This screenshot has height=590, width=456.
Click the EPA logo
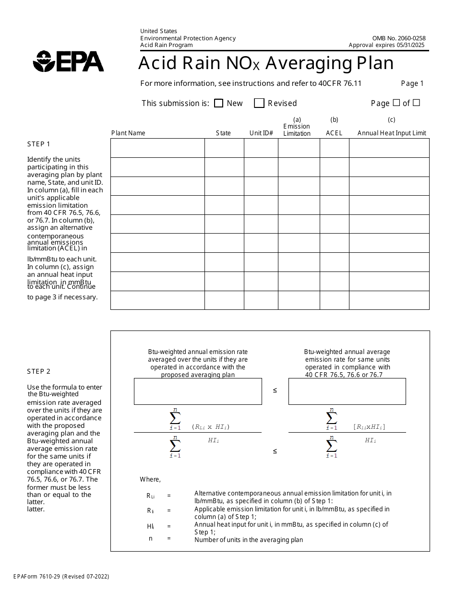68,61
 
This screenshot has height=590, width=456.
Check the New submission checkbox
218,103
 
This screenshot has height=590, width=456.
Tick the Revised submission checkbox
259,103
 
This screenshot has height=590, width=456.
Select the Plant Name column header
128,133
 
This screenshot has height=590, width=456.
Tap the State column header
223,133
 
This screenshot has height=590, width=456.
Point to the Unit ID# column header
261,133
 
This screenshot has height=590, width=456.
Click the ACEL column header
334,133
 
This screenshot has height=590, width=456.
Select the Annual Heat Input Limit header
392,133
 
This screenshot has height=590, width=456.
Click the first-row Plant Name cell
157,148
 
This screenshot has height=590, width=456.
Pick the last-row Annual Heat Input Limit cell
389,300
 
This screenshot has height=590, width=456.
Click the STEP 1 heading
38,144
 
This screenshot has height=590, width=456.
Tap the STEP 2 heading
38,371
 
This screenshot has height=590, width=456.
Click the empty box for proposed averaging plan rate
198,391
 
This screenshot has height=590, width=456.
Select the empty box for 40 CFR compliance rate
347,391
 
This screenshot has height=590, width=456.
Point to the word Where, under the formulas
150,479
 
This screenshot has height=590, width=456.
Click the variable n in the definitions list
151,538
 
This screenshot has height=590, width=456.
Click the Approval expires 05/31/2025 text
387,46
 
